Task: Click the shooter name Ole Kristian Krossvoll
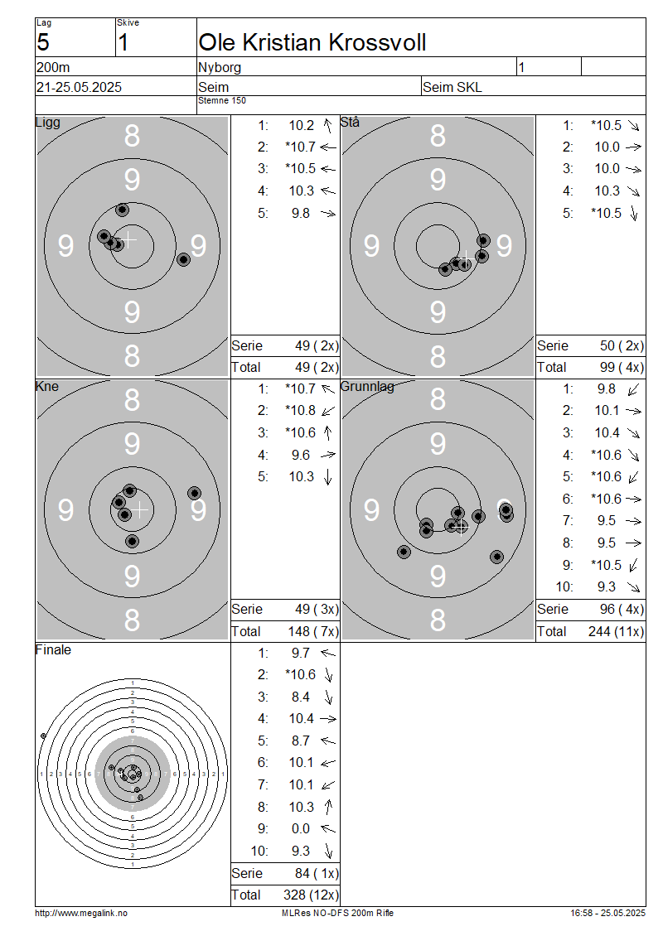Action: tap(312, 42)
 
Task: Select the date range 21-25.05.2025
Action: tap(79, 87)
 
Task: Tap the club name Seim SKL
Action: tap(452, 87)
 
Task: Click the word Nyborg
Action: tap(220, 67)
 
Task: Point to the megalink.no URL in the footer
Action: tap(81, 913)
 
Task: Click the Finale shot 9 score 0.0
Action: tap(301, 828)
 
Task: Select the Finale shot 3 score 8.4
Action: tap(301, 697)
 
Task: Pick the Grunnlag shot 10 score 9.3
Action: tap(607, 586)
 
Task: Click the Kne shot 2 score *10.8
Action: tap(301, 411)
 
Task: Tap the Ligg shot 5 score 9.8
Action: tap(301, 213)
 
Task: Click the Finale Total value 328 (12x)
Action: tap(311, 895)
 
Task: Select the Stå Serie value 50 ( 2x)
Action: tap(622, 345)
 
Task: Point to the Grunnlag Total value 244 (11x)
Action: tap(616, 631)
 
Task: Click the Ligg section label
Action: tap(48, 123)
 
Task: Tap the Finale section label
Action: tap(53, 649)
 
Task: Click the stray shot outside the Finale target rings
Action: tap(43, 736)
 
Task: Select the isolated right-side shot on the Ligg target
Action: tap(183, 259)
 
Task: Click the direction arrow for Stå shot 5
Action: tap(634, 213)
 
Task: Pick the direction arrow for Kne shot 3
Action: tap(327, 432)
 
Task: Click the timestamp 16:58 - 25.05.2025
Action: tap(607, 913)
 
